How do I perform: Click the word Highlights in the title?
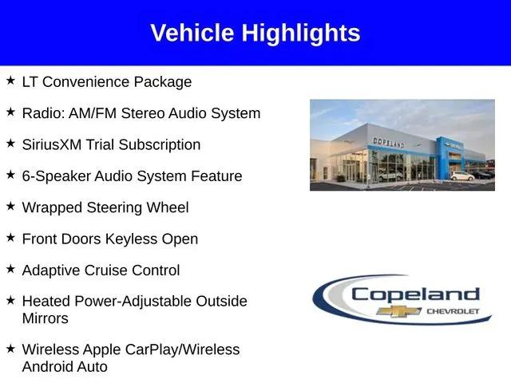tap(301, 34)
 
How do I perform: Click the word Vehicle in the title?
tap(192, 33)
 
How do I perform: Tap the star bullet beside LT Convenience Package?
tap(10, 80)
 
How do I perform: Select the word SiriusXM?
tap(52, 144)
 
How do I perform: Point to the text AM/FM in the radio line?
tap(93, 113)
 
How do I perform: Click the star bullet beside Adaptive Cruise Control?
tap(10, 269)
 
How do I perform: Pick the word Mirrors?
tap(46, 318)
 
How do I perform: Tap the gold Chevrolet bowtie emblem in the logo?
tap(398, 311)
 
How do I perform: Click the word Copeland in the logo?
tap(415, 294)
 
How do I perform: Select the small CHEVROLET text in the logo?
tap(453, 311)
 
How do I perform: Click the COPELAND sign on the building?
tap(389, 142)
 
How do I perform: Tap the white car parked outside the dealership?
tap(462, 176)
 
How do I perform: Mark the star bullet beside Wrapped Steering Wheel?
tap(10, 206)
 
